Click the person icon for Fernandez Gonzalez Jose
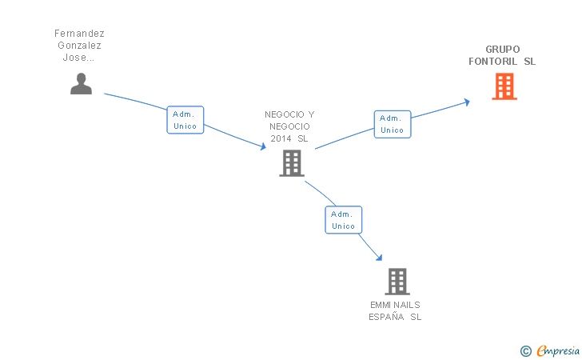coord(81,83)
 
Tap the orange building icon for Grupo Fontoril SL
coord(504,86)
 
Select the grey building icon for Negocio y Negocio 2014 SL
coord(292,163)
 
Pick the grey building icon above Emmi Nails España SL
coord(397,282)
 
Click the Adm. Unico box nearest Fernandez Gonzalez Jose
coord(185,120)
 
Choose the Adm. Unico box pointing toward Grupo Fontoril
coord(392,124)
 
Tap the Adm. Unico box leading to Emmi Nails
coord(343,220)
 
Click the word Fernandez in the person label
coord(79,34)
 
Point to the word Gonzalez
coord(79,46)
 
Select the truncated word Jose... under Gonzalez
coord(79,58)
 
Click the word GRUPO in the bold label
coord(502,49)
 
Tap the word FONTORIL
coord(493,62)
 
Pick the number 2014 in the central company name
coord(281,138)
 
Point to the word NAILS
coord(407,305)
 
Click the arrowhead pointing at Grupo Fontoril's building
coord(467,102)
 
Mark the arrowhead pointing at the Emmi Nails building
coord(379,258)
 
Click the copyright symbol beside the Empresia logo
coord(525,350)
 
